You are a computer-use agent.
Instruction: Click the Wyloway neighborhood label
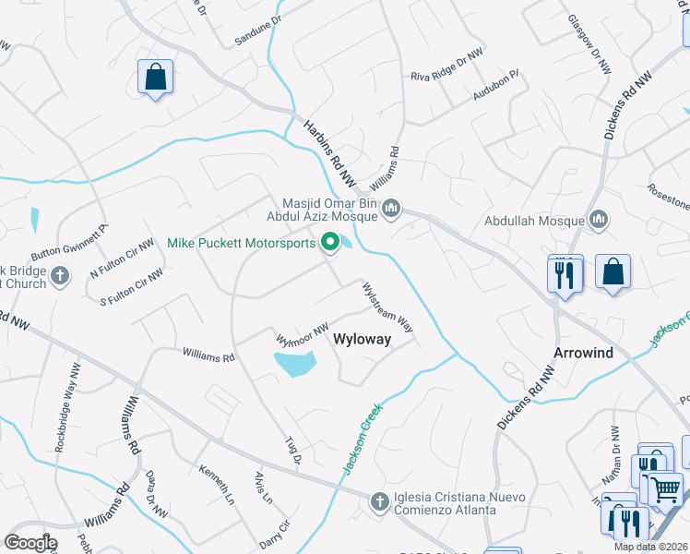coord(362,339)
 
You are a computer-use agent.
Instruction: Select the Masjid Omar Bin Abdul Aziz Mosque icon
coord(391,209)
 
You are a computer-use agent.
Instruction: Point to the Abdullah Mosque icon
coord(600,220)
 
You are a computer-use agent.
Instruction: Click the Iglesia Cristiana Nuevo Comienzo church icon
coord(378,501)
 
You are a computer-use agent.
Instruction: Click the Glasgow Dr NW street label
coord(589,44)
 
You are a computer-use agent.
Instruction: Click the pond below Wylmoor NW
coord(295,363)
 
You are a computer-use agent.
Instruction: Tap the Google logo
coord(30,543)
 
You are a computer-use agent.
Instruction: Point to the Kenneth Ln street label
coord(218,484)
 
